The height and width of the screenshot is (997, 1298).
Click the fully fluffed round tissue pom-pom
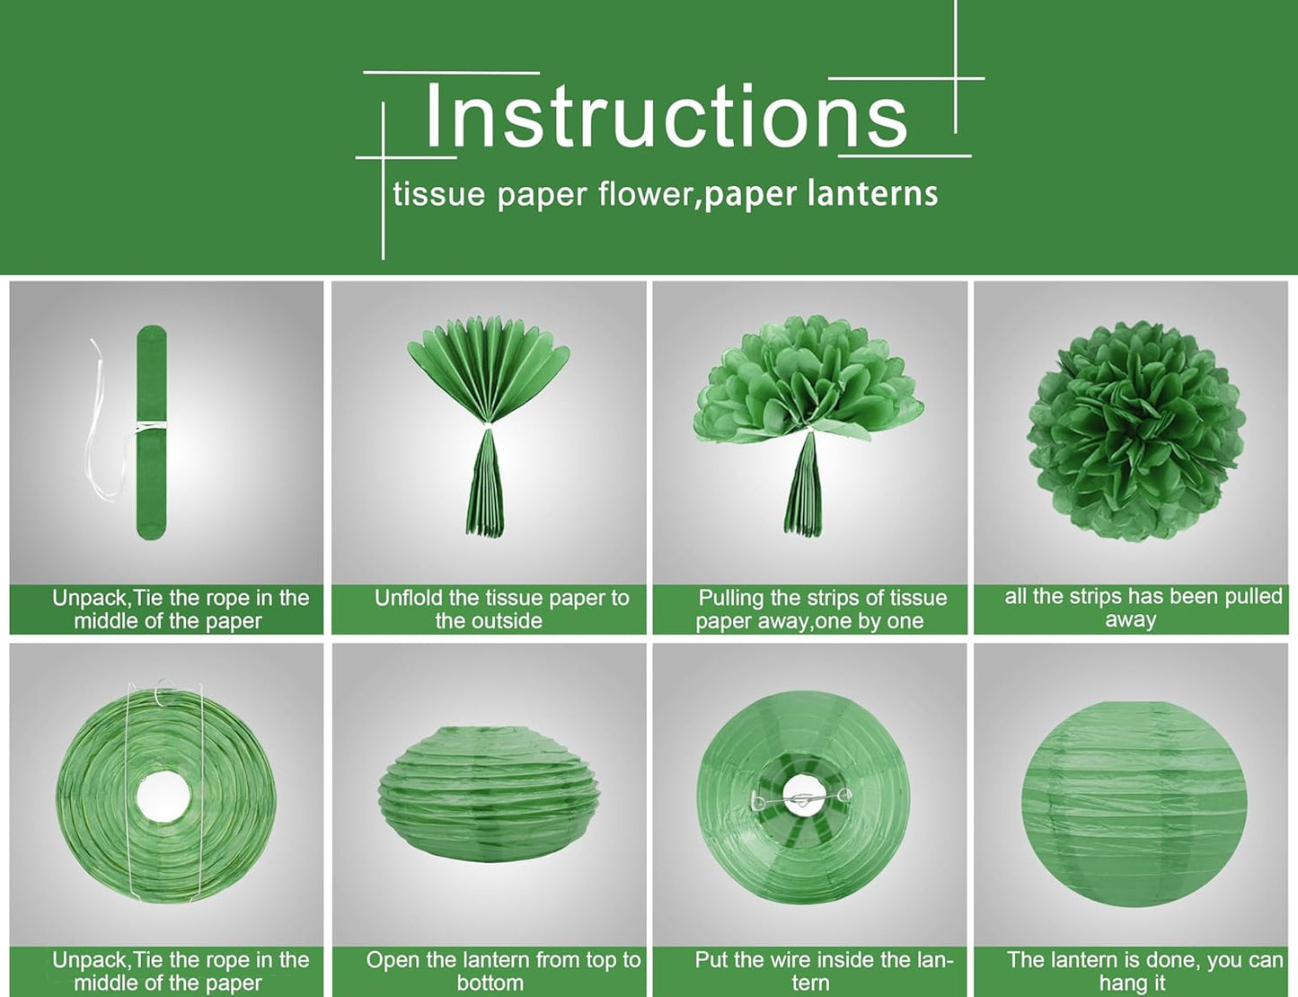point(1136,430)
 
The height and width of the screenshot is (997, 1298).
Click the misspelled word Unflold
point(408,598)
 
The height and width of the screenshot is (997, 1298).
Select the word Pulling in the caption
point(731,598)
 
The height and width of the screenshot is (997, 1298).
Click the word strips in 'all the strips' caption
point(1097,596)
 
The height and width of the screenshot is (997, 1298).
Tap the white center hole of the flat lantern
point(163,796)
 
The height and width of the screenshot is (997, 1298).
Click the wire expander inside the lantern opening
point(802,797)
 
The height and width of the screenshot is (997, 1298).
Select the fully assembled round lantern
point(1134,803)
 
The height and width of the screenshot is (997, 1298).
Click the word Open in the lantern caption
point(393,960)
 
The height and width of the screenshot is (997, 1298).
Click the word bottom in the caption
point(490,984)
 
